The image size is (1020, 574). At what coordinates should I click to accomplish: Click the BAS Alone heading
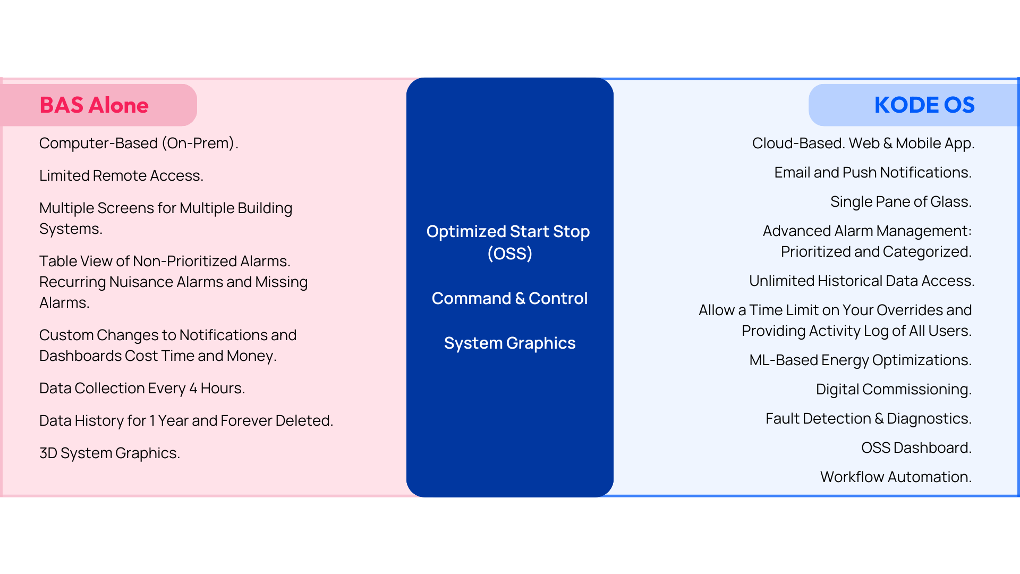pyautogui.click(x=94, y=105)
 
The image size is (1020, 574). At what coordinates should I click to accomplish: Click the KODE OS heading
pyautogui.click(x=924, y=105)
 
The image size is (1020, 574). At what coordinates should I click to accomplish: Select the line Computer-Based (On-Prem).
pyautogui.click(x=139, y=143)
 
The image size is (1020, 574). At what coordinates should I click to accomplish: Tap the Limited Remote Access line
pyautogui.click(x=121, y=175)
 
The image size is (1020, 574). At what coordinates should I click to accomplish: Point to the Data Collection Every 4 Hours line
pyautogui.click(x=142, y=389)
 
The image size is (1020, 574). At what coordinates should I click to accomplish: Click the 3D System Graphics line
pyautogui.click(x=109, y=453)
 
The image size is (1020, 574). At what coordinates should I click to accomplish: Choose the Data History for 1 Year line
pyautogui.click(x=186, y=420)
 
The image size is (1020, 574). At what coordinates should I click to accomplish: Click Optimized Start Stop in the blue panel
pyautogui.click(x=508, y=232)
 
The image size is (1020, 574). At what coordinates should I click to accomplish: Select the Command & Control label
pyautogui.click(x=509, y=299)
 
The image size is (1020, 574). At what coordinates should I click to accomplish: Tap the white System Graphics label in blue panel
pyautogui.click(x=509, y=343)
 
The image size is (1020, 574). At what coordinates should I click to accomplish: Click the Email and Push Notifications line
pyautogui.click(x=873, y=173)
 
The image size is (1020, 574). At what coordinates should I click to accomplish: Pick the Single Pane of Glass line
pyautogui.click(x=901, y=202)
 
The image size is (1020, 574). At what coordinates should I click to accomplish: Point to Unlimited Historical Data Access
pyautogui.click(x=862, y=281)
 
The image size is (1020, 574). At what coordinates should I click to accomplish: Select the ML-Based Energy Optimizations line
pyautogui.click(x=861, y=360)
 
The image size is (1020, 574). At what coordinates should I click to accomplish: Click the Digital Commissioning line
pyautogui.click(x=894, y=390)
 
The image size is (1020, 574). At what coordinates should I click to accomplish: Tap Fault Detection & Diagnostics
pyautogui.click(x=869, y=419)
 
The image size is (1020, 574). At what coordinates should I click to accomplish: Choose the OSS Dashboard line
pyautogui.click(x=916, y=448)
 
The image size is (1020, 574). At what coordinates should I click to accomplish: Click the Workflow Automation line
pyautogui.click(x=896, y=477)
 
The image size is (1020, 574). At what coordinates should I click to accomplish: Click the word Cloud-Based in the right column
pyautogui.click(x=798, y=143)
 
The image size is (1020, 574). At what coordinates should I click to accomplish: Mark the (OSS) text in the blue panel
pyautogui.click(x=509, y=254)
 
